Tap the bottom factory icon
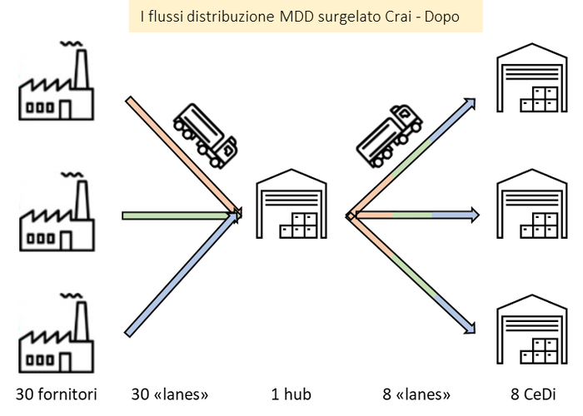tap(57, 332)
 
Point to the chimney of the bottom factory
tap(82, 319)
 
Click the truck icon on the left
tap(206, 132)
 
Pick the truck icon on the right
tap(386, 132)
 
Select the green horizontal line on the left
tap(175, 215)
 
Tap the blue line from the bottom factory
tap(179, 275)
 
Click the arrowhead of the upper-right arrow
tap(474, 100)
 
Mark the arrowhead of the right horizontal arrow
tap(477, 215)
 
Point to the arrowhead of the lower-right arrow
tap(473, 332)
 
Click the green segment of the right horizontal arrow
tap(411, 215)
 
